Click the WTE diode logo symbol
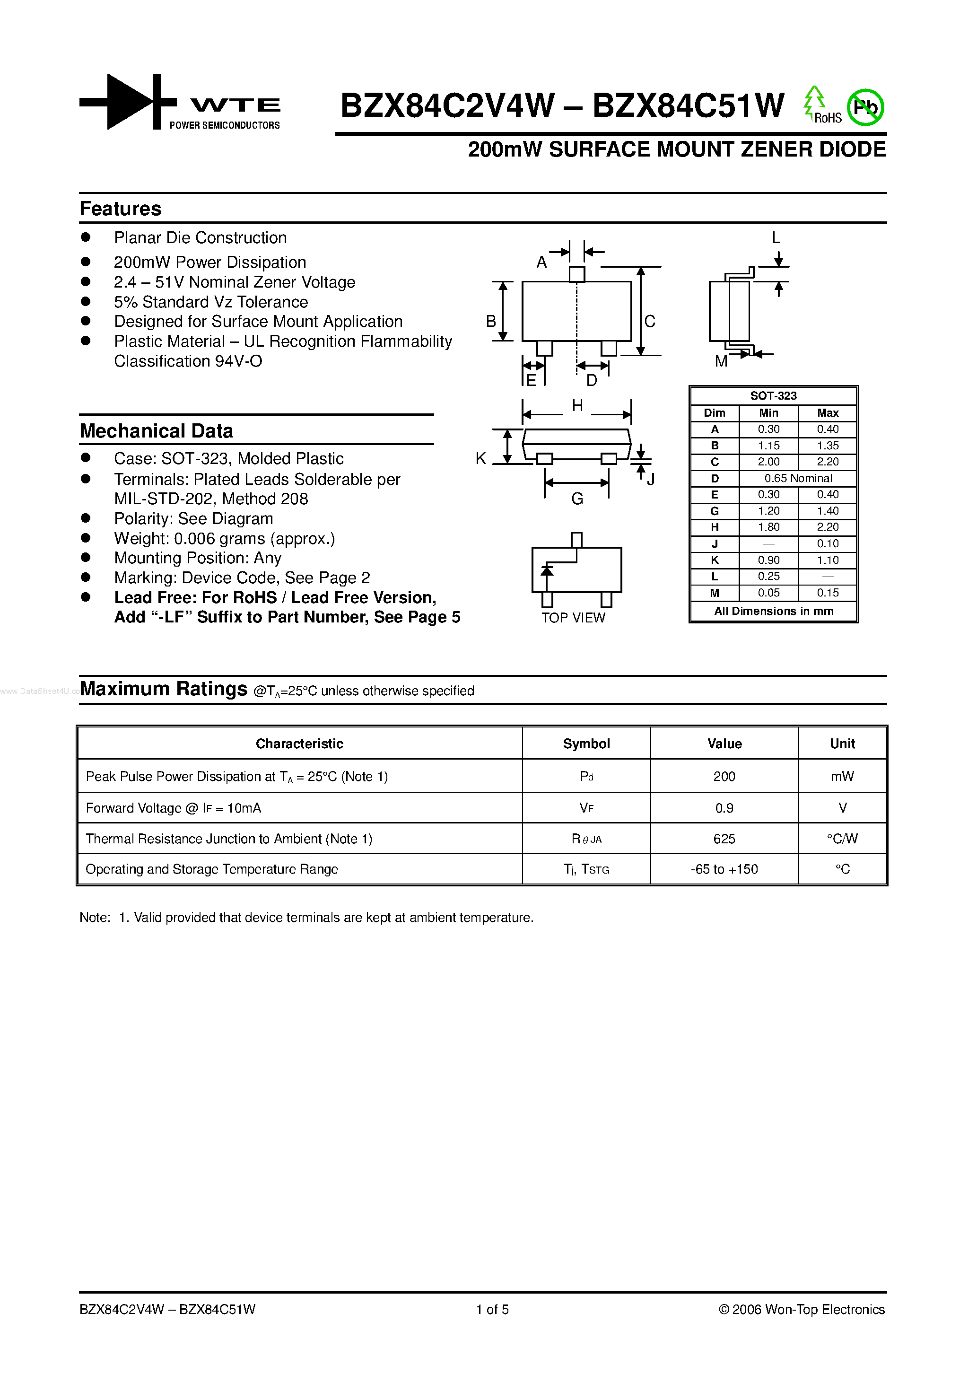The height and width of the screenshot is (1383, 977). [128, 102]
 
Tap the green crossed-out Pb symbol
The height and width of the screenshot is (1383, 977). [865, 108]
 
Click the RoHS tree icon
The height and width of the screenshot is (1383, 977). [814, 102]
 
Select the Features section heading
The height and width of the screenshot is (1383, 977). [121, 209]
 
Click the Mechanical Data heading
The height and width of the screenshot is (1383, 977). [156, 431]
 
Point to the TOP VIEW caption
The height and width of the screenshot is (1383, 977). [573, 618]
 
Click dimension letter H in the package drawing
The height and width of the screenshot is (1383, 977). [577, 406]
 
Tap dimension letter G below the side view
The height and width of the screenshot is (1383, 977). [577, 499]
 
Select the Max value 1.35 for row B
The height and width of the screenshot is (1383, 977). [828, 446]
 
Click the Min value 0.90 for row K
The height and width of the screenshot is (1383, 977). [768, 560]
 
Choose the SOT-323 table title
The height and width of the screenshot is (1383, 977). [773, 396]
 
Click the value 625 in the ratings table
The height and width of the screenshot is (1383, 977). [724, 839]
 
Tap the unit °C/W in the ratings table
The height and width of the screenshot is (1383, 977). [842, 839]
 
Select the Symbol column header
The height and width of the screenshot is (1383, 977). [586, 744]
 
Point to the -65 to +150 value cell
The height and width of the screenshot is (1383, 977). [724, 870]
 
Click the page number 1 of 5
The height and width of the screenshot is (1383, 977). [492, 1310]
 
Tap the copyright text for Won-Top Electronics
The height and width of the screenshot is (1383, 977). [801, 1310]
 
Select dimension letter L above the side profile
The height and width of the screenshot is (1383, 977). [776, 238]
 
